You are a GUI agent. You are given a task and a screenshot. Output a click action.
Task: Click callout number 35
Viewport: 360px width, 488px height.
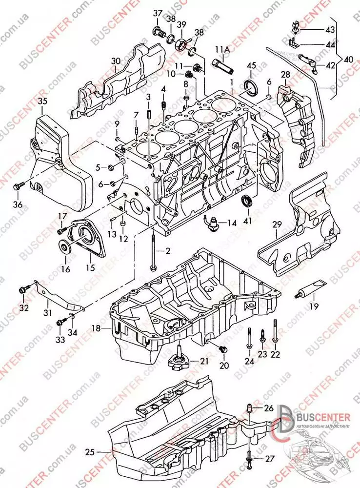42,102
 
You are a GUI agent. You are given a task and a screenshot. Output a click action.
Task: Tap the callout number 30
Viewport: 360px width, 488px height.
115,61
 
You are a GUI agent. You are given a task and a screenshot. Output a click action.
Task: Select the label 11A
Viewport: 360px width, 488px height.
222,49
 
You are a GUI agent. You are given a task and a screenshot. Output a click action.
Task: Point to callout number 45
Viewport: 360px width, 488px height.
251,65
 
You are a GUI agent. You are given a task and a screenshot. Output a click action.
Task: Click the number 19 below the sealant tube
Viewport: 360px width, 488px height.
313,306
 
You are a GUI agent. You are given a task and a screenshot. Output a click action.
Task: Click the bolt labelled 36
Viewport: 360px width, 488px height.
18,186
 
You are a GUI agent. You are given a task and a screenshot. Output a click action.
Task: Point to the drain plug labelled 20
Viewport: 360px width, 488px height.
224,350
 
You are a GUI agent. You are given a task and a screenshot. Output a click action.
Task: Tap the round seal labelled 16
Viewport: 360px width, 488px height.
65,245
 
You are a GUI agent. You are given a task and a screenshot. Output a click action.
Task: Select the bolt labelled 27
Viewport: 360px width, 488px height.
251,457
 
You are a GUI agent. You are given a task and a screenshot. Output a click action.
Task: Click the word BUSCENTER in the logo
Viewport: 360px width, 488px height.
323,417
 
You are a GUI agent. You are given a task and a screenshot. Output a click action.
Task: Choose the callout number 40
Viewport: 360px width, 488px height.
349,59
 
